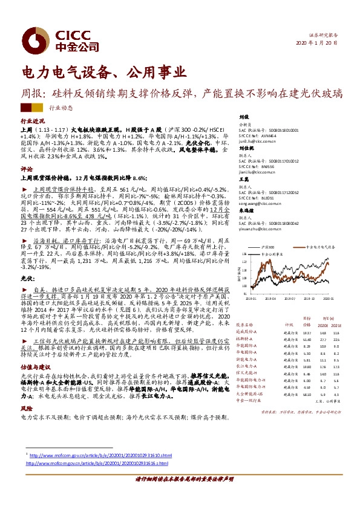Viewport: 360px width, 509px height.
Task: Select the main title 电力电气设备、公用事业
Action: [x=103, y=73]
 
